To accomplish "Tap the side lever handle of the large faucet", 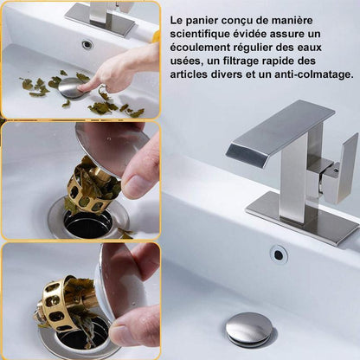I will (x=341, y=169).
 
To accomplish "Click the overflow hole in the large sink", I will (x=278, y=254).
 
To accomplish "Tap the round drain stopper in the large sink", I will (x=249, y=328).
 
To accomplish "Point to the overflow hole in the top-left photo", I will (x=87, y=44).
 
